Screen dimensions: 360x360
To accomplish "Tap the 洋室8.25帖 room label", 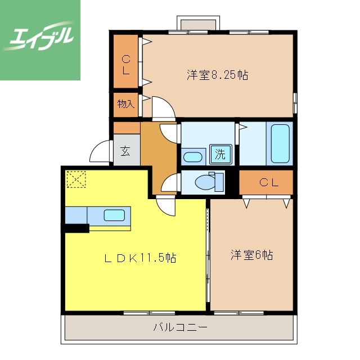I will [218, 75].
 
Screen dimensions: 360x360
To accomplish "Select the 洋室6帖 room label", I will [251, 255].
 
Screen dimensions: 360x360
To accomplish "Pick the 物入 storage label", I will [125, 104].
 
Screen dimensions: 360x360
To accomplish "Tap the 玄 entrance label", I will [125, 150].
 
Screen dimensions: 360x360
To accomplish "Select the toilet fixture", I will [206, 182].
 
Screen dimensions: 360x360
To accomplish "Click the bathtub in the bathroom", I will [280, 143].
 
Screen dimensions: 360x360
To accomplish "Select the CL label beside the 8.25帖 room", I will [126, 65].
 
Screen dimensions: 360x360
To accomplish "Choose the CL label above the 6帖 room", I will [268, 182].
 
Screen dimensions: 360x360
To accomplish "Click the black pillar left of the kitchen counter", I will [76, 228].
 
